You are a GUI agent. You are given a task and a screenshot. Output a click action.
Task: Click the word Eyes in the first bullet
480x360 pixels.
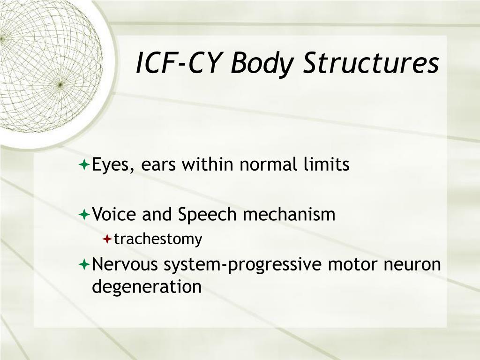(x=111, y=165)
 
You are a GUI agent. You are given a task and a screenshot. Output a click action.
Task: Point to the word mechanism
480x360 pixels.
(x=289, y=215)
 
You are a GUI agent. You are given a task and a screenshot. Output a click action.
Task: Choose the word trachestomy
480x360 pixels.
(x=158, y=240)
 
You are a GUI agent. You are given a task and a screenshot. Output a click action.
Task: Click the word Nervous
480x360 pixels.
(x=126, y=264)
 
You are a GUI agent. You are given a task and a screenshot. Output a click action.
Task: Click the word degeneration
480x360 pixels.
(x=147, y=287)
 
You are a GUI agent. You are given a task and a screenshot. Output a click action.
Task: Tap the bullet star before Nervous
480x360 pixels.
(x=84, y=265)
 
